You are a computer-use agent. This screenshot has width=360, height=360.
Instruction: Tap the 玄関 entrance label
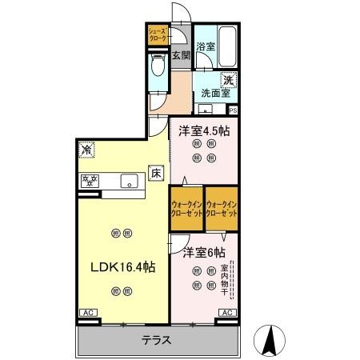pyautogui.click(x=181, y=55)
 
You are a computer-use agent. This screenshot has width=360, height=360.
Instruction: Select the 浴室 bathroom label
pyautogui.click(x=205, y=46)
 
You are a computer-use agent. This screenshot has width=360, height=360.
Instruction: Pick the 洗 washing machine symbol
pyautogui.click(x=228, y=79)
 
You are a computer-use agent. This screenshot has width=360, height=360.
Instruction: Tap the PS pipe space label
pyautogui.click(x=233, y=110)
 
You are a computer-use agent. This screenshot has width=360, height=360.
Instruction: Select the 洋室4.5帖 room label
pyautogui.click(x=203, y=130)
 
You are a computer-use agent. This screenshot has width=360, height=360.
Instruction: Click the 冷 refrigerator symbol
pyautogui.click(x=86, y=150)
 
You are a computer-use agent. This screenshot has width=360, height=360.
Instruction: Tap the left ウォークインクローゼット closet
pyautogui.click(x=186, y=209)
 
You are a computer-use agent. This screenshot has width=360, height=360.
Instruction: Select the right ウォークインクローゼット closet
pyautogui.click(x=222, y=209)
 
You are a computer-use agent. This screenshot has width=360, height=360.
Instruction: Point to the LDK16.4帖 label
pyautogui.click(x=122, y=266)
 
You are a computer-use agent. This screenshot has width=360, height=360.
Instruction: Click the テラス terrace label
pyautogui.click(x=157, y=340)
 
